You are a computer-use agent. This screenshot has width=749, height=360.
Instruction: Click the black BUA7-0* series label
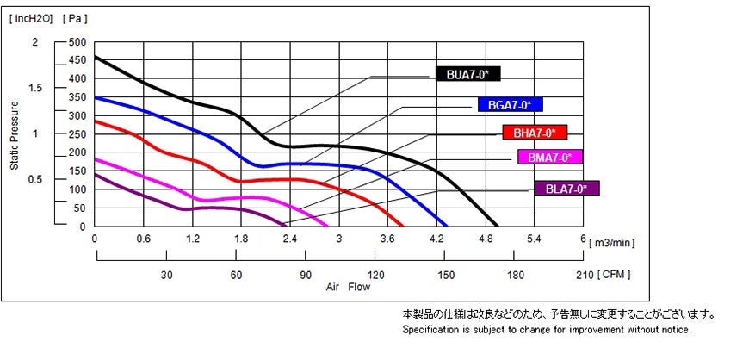[467, 74]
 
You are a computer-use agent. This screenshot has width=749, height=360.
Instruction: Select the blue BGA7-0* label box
[511, 105]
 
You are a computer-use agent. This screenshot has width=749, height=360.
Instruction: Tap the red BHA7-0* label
[535, 133]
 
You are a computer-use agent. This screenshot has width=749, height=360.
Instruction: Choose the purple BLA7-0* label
[566, 189]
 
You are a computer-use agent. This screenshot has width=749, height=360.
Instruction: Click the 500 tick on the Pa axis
[77, 42]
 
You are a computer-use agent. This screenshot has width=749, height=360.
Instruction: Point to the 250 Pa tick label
[77, 134]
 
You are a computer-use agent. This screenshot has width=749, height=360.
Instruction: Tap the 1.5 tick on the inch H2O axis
[35, 88]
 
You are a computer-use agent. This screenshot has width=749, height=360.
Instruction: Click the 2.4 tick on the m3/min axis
[290, 239]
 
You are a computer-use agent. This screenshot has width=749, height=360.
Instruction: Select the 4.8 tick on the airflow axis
[486, 239]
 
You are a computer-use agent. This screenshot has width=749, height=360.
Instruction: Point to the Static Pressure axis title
[15, 134]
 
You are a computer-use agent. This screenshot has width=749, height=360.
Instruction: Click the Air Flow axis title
[348, 287]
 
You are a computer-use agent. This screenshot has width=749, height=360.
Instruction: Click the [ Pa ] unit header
[76, 17]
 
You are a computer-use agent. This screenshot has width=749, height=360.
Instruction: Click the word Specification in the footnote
[430, 330]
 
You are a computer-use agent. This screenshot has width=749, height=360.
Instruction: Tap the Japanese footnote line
[559, 314]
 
